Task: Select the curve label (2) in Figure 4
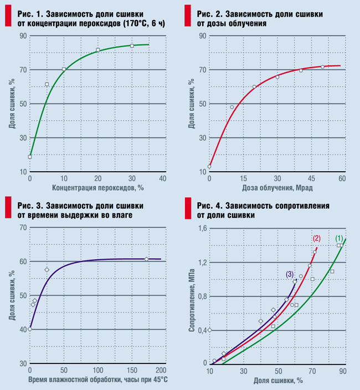point(316,238)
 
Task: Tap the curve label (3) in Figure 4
point(290,274)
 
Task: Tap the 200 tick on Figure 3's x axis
point(161,370)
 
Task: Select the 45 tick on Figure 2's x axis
point(310,179)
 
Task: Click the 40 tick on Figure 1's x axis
point(163,179)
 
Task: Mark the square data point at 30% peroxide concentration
point(132,45)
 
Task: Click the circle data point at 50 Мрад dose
point(322,67)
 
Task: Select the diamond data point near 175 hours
point(146,259)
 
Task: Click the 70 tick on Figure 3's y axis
point(23,227)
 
